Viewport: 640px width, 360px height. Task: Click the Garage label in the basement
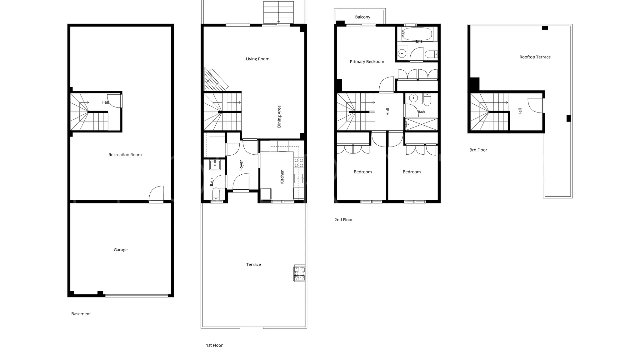(x=121, y=250)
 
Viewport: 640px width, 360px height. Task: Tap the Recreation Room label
(x=125, y=155)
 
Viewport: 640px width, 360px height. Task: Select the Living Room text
(x=257, y=59)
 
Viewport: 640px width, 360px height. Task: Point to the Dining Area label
(x=279, y=117)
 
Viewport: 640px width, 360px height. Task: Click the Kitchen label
(x=282, y=176)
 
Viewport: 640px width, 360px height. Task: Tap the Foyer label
(x=241, y=165)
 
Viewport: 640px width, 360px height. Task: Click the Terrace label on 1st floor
(x=253, y=264)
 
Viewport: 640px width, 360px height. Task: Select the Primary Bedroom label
(x=367, y=62)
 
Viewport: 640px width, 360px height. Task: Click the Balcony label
(x=362, y=17)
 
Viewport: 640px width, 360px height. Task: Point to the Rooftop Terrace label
(x=535, y=57)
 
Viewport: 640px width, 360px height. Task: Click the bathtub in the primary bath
(x=417, y=34)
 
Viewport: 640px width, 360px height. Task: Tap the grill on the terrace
(x=299, y=273)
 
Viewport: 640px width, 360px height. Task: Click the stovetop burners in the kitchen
(x=299, y=163)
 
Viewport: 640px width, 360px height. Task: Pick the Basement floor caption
(x=81, y=314)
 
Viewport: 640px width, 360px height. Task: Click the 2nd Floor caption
(x=343, y=220)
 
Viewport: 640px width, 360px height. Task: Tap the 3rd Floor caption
(x=478, y=150)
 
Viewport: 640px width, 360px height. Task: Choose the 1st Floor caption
(x=214, y=345)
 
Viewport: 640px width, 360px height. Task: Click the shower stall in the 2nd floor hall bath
(x=421, y=124)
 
